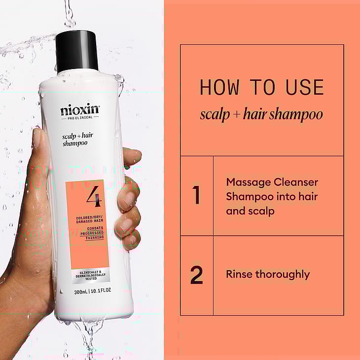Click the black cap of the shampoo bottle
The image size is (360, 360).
[x=76, y=52]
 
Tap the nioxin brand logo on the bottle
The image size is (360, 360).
[x=80, y=110]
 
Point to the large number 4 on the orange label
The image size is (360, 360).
[x=94, y=196]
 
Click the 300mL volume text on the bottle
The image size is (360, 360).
[x=80, y=292]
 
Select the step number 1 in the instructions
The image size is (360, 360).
[x=196, y=195]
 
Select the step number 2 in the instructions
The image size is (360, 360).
[x=197, y=275]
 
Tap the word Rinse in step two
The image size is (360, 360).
[x=239, y=274]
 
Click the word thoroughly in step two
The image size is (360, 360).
[x=283, y=275]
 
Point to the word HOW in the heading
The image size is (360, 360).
[x=219, y=87]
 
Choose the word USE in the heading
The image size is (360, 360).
[x=305, y=87]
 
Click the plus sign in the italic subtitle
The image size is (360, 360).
[x=237, y=114]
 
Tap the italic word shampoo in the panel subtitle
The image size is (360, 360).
[x=296, y=114]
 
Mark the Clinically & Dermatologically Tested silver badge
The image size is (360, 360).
[x=91, y=276]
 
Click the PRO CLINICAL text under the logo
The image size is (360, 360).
[x=80, y=118]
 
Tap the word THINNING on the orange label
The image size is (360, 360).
[x=95, y=238]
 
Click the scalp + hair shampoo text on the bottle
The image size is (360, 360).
[x=77, y=140]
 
